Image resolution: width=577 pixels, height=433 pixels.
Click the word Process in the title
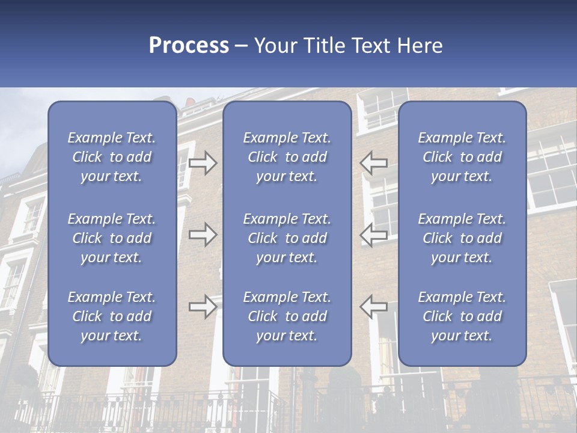tap(189, 46)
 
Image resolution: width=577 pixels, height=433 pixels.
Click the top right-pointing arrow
tap(203, 162)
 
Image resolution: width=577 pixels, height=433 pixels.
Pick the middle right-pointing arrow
tap(203, 235)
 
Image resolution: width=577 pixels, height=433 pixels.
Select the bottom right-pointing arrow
tap(203, 307)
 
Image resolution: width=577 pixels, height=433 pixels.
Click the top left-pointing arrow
tap(374, 162)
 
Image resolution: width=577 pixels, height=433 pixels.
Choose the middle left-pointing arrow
tap(374, 235)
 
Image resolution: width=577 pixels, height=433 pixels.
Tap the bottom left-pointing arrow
tap(374, 307)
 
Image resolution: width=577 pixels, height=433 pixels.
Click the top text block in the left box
tap(112, 157)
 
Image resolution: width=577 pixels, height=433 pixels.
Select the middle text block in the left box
tap(112, 238)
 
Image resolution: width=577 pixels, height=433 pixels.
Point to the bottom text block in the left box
tap(112, 316)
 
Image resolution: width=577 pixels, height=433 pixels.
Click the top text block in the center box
tap(287, 157)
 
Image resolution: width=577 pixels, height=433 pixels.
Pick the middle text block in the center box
tap(287, 238)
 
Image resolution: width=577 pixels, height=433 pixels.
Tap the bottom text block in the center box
tap(287, 316)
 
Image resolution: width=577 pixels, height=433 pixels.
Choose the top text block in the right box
tap(462, 157)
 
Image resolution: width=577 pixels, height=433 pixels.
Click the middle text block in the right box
tap(462, 238)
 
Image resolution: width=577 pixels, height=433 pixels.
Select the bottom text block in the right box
tap(462, 316)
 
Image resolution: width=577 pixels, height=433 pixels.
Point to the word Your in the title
tap(274, 46)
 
